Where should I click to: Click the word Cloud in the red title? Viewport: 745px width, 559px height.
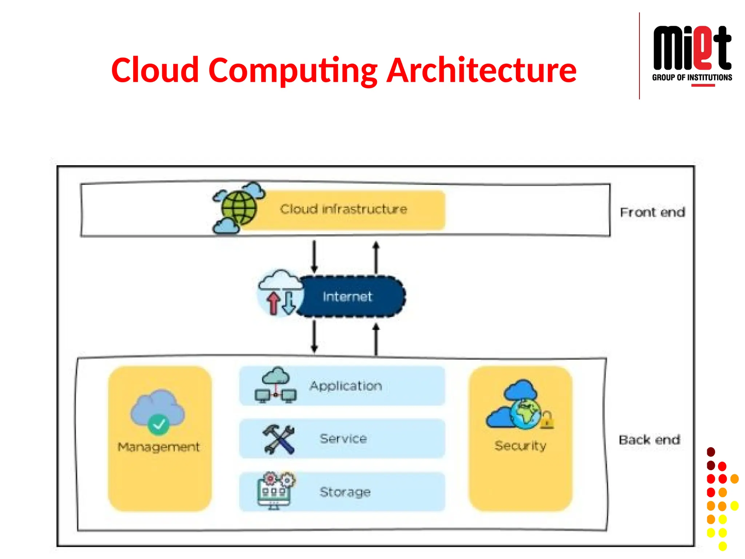click(155, 70)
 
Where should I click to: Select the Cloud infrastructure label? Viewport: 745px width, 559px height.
click(343, 209)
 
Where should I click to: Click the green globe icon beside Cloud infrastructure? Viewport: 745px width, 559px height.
click(239, 208)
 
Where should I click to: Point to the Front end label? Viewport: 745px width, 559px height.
click(652, 212)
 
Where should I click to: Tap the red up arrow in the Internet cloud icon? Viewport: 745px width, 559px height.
click(273, 303)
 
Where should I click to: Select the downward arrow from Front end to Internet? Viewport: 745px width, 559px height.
click(314, 256)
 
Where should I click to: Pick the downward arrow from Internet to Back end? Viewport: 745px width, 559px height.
click(314, 337)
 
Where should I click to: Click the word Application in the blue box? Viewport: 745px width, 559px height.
click(346, 386)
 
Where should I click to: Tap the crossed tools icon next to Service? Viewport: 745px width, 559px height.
click(278, 439)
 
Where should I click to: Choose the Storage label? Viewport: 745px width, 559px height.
click(345, 492)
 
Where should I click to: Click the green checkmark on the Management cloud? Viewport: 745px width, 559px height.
click(159, 424)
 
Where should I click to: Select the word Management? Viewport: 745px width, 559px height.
click(159, 447)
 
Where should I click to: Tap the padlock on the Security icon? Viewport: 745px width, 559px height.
click(547, 420)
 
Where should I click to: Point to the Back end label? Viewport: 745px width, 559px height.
click(649, 440)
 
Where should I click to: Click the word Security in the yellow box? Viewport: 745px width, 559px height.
click(520, 446)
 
